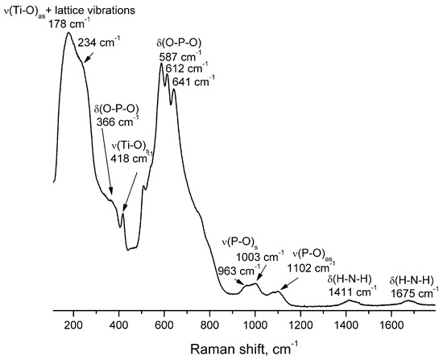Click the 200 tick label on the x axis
click(x=73, y=326)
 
